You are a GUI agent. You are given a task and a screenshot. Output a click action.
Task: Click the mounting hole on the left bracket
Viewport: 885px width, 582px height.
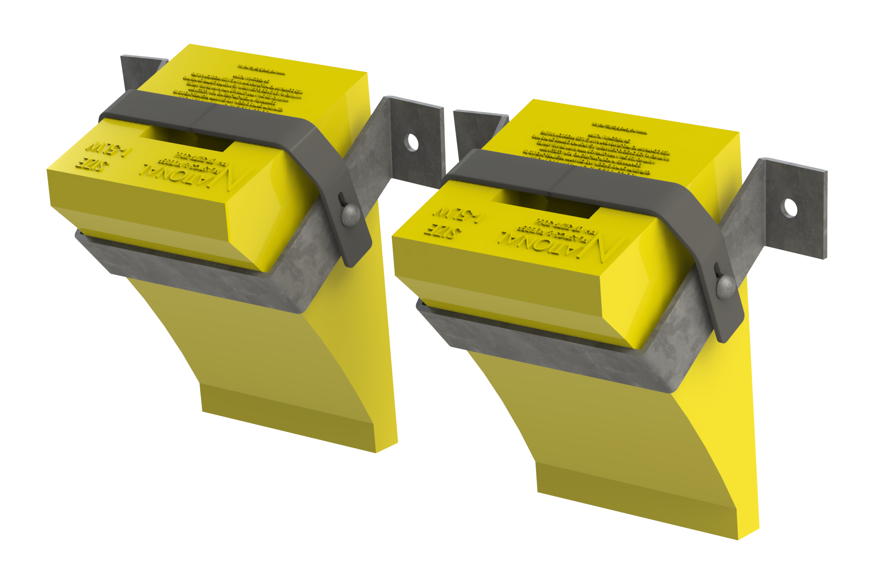pos(413,142)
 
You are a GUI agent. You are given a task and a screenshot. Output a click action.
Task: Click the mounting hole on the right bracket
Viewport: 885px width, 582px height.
pos(790,208)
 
